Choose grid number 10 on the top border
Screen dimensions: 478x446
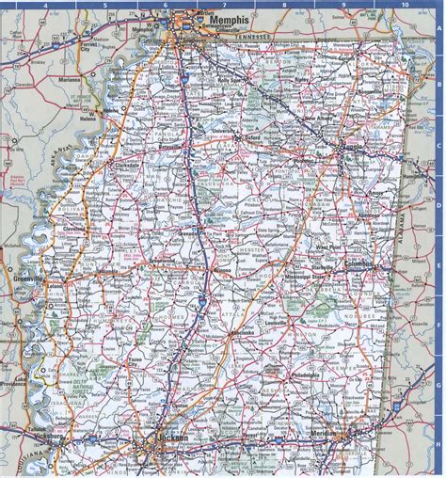(x=404, y=5)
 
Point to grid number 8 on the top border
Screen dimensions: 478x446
(x=283, y=5)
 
